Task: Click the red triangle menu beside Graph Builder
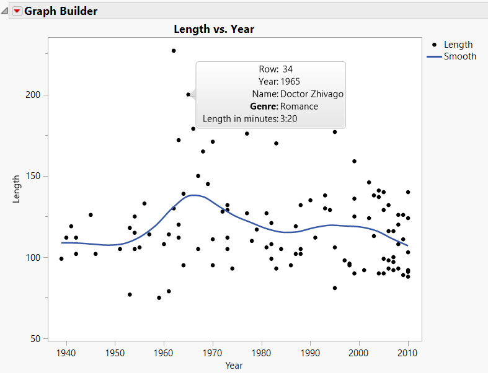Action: click(17, 11)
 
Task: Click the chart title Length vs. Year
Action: click(214, 29)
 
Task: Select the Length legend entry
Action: click(458, 45)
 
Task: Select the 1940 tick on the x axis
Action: click(66, 353)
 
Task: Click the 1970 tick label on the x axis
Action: click(213, 353)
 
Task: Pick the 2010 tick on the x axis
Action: click(408, 353)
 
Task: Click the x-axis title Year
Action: click(234, 366)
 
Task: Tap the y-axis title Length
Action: click(17, 188)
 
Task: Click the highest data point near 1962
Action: click(174, 51)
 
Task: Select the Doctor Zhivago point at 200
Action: click(189, 95)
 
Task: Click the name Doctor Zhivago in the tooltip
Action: click(312, 94)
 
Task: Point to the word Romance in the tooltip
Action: click(299, 107)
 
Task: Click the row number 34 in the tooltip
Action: click(287, 69)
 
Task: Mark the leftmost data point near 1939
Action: click(61, 259)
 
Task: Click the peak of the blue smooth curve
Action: click(194, 196)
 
